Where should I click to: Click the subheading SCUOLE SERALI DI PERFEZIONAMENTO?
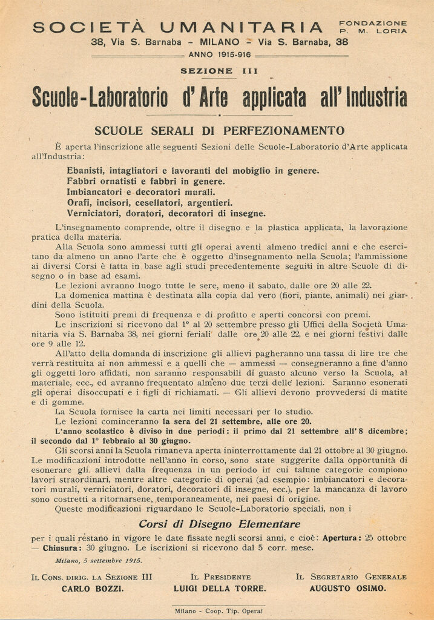tap(219, 130)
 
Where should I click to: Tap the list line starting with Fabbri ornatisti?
tap(146, 181)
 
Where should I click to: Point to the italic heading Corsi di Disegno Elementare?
tap(219, 524)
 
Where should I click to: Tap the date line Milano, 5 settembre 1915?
tap(99, 561)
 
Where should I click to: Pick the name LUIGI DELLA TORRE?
tap(220, 589)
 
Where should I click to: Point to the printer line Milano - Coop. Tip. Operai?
tap(219, 611)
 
